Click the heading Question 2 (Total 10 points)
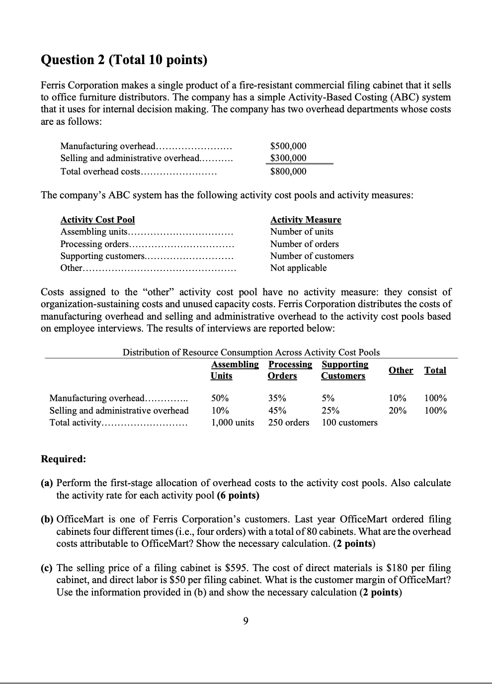[x=123, y=60]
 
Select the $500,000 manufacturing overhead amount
[x=288, y=146]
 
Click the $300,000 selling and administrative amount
[x=288, y=158]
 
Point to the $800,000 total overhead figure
[x=288, y=171]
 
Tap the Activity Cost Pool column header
[x=97, y=220]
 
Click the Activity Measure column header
[x=306, y=220]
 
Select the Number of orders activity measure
[x=304, y=244]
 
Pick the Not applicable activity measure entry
[x=298, y=268]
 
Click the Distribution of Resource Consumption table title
[x=251, y=352]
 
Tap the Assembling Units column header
[x=235, y=370]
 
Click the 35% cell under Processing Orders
[x=277, y=398]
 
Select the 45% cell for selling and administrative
[x=277, y=411]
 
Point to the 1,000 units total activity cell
[x=233, y=423]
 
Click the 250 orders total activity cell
[x=289, y=423]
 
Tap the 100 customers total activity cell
[x=349, y=423]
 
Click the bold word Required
[x=63, y=459]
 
